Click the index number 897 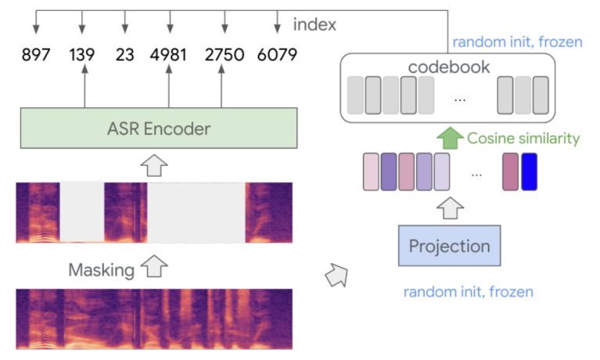pyautogui.click(x=36, y=55)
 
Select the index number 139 pyautogui.click(x=82, y=55)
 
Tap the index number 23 pyautogui.click(x=125, y=55)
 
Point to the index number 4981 pyautogui.click(x=169, y=55)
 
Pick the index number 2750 pyautogui.click(x=224, y=55)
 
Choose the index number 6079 pyautogui.click(x=275, y=55)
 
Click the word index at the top pyautogui.click(x=314, y=25)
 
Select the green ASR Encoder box pyautogui.click(x=159, y=128)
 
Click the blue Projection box pyautogui.click(x=449, y=246)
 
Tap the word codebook pyautogui.click(x=448, y=67)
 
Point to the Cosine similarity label pyautogui.click(x=523, y=139)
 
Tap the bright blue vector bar pyautogui.click(x=530, y=172)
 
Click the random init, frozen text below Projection pyautogui.click(x=468, y=292)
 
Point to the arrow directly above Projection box pyautogui.click(x=449, y=207)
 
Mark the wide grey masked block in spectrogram pyautogui.click(x=196, y=213)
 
